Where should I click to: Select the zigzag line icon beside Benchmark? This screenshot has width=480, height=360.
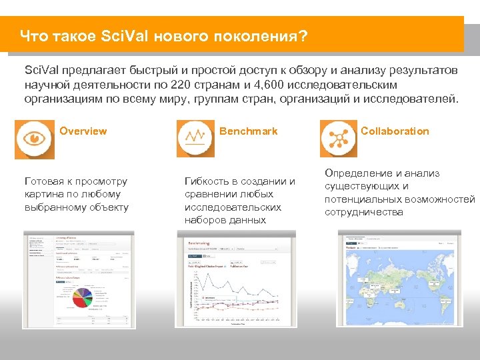click(195, 138)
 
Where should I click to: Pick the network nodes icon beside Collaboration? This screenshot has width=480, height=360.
click(339, 138)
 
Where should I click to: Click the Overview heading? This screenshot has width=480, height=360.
click(83, 131)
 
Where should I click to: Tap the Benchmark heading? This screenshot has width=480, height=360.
click(248, 131)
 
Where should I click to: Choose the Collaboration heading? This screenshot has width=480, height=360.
click(395, 131)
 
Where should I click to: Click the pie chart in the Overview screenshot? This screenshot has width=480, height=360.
click(83, 297)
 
